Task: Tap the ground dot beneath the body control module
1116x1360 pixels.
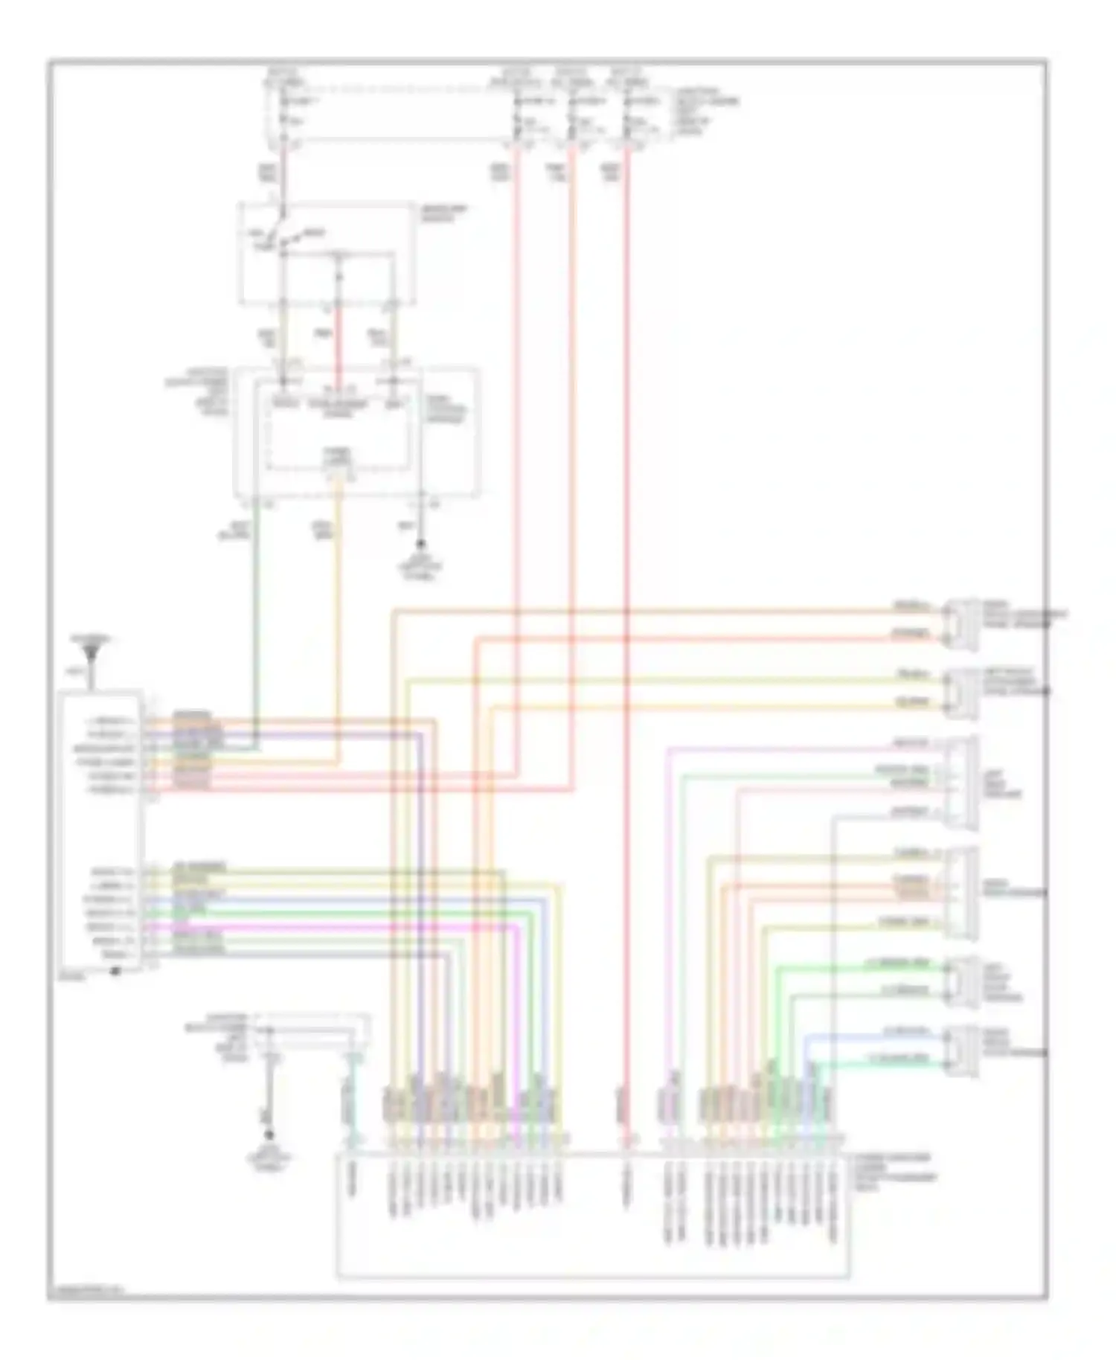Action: pyautogui.click(x=421, y=545)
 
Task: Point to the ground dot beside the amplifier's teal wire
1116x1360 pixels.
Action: pyautogui.click(x=269, y=1135)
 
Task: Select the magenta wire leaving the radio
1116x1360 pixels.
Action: pyautogui.click(x=335, y=927)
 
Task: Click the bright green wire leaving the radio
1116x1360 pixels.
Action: pyautogui.click(x=335, y=914)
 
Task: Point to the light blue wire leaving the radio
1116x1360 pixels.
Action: pyautogui.click(x=335, y=899)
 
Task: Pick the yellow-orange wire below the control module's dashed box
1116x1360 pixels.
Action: pyautogui.click(x=339, y=595)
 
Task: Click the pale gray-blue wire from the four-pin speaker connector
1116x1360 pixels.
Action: pyautogui.click(x=833, y=930)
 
